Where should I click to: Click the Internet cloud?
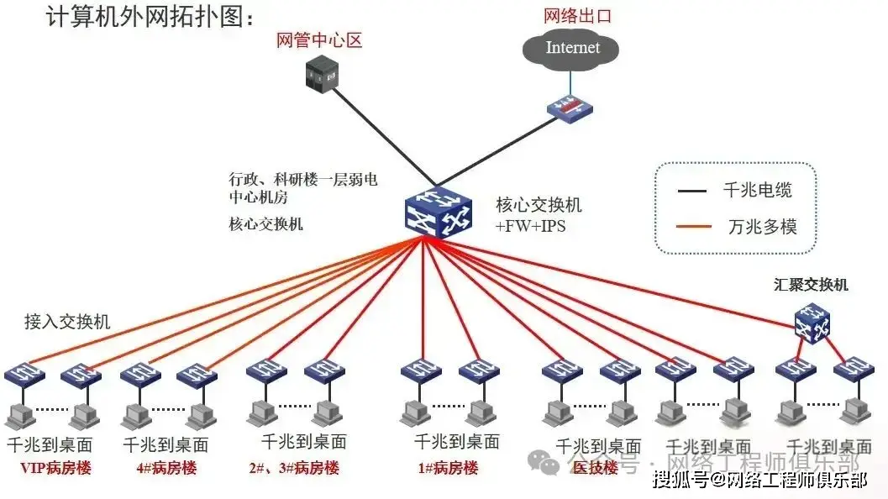coord(572,48)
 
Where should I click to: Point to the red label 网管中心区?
coord(319,40)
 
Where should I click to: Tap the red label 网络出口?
coord(577,15)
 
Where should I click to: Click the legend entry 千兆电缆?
coord(757,191)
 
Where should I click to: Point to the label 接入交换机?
coord(67,321)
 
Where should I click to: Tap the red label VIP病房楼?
coord(56,468)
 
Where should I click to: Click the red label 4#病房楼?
coord(166,468)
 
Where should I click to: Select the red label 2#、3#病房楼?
coord(294,468)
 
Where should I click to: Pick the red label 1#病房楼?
coord(448,468)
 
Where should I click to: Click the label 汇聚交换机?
coord(811,285)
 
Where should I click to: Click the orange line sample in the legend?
coord(692,226)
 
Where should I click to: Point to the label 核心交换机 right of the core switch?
coord(539,205)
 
